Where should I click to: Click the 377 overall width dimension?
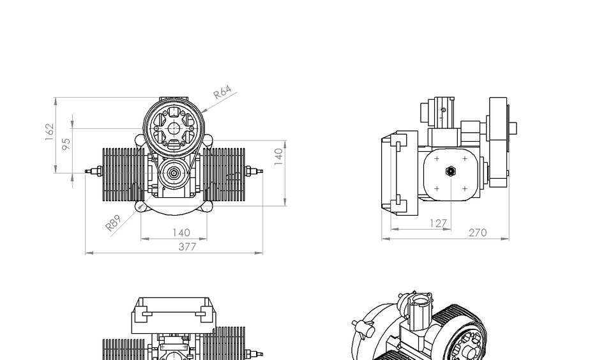(x=187, y=247)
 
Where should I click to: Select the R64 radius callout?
(x=222, y=93)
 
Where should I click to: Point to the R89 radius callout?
(x=113, y=223)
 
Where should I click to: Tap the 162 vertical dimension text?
(x=50, y=131)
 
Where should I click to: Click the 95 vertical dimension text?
(x=66, y=145)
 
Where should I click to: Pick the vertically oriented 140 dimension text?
(x=278, y=156)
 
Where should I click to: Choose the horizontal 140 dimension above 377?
(x=181, y=233)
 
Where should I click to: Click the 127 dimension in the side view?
(x=438, y=223)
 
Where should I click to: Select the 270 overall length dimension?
(x=478, y=233)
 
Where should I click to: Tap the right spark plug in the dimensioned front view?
(x=253, y=171)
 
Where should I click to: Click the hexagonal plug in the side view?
(x=450, y=171)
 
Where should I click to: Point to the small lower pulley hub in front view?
(x=174, y=172)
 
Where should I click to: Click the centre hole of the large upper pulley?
(x=174, y=126)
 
